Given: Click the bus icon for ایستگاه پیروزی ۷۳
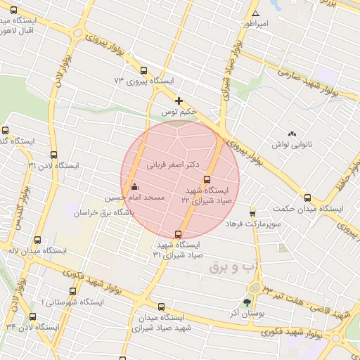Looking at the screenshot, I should click(143, 70).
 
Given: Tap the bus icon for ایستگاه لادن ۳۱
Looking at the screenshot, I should click(53, 155).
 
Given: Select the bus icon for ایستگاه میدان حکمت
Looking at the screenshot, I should click(308, 198).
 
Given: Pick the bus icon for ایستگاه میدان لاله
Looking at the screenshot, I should click(37, 239).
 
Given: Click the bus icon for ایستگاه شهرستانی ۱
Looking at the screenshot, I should click(72, 291).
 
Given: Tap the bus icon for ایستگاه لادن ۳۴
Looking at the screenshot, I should click(32, 316).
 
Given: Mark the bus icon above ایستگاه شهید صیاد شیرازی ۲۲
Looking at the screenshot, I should click(206, 179).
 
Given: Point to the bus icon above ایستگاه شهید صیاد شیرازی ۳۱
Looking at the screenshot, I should click(178, 234).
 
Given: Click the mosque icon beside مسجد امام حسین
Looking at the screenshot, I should click(134, 187).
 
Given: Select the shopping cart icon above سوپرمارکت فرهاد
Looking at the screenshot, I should click(252, 213).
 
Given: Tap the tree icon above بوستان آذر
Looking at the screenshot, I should click(246, 302).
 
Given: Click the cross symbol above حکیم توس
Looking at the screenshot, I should click(179, 101).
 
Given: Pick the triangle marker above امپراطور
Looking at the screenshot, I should click(256, 14).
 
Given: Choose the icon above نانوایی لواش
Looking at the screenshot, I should click(292, 134).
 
